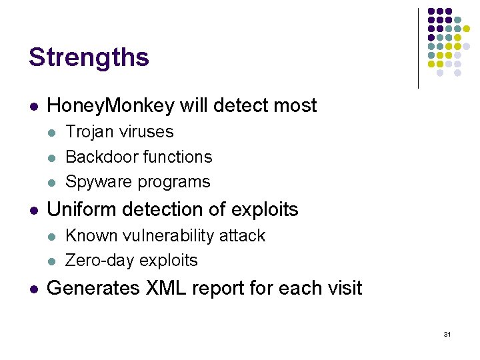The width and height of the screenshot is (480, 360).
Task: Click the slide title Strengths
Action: [x=89, y=58]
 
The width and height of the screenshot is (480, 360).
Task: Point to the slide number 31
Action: [x=447, y=333]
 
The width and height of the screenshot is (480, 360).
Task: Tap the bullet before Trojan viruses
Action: [x=53, y=133]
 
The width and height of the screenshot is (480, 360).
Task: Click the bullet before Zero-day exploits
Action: [x=53, y=261]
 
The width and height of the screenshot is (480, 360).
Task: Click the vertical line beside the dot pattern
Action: [x=418, y=48]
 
